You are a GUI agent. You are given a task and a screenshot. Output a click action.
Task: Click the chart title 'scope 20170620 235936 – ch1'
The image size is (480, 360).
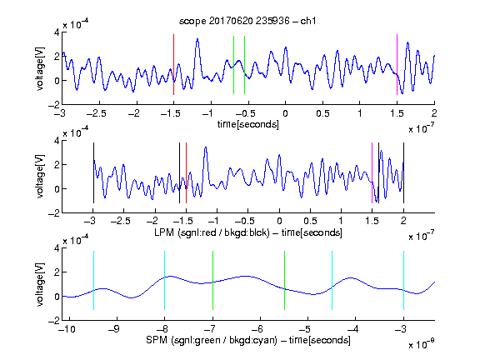tap(247, 21)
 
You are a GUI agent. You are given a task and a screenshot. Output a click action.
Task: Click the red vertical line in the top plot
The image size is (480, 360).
tap(173, 65)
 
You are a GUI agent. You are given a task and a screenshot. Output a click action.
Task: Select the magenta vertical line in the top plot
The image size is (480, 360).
tap(397, 65)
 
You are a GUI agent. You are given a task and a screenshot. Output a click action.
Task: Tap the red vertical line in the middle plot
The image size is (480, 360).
tap(186, 173)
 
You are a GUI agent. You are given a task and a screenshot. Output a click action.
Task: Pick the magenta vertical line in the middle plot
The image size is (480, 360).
tap(372, 173)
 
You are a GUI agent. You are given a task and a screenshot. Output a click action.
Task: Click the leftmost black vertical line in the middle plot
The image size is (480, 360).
tap(93, 173)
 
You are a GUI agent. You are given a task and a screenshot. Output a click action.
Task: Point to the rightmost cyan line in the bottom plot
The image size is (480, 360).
tap(403, 280)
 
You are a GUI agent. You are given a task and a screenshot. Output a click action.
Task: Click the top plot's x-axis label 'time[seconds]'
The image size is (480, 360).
tap(248, 124)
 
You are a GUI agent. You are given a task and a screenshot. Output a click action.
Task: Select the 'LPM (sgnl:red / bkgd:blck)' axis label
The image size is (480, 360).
tap(212, 232)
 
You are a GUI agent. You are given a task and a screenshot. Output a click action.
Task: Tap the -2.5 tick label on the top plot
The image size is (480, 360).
tap(97, 114)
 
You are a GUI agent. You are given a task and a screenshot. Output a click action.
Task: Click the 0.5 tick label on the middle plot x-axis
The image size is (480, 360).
tap(310, 221)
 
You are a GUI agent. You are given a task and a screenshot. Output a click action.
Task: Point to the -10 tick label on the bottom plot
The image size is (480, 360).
tap(67, 329)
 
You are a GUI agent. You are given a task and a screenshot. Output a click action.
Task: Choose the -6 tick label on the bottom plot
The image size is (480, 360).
tap(259, 329)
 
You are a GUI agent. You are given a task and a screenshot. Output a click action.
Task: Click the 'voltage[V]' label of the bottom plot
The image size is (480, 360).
tap(40, 284)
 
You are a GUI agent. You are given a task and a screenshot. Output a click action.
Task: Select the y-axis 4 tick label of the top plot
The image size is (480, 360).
tap(57, 32)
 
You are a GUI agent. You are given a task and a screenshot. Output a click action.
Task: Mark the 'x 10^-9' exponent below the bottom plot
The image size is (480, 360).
tap(422, 344)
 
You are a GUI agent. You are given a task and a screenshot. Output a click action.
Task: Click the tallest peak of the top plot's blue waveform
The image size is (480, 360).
tap(197, 39)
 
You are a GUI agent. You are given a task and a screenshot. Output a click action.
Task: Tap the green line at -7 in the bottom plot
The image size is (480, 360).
tap(212, 280)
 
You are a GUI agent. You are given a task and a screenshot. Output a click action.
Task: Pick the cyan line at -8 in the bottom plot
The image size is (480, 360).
tap(164, 280)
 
